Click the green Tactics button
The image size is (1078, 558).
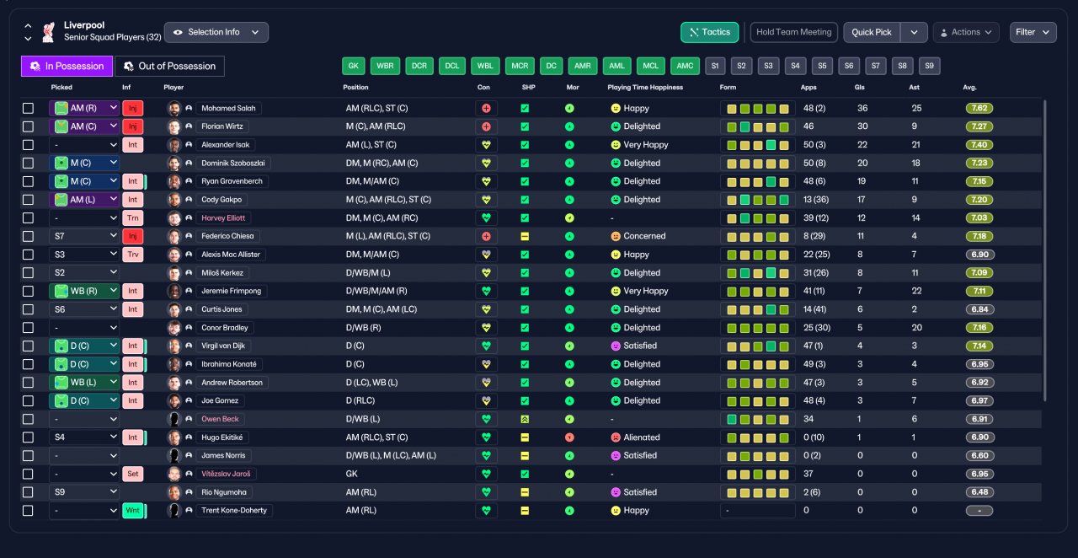(x=709, y=32)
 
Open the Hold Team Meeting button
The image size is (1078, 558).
(x=793, y=32)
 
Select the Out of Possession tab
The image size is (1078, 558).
(x=169, y=66)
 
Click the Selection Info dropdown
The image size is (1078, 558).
(x=216, y=32)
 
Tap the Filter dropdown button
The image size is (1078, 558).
(x=1033, y=32)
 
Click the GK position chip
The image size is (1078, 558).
(x=353, y=66)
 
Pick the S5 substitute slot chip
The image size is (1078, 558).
(x=822, y=66)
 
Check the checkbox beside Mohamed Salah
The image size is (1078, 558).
(x=28, y=109)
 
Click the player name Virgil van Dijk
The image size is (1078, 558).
(x=223, y=346)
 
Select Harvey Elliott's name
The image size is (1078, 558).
(x=223, y=217)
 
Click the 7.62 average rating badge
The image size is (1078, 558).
(x=979, y=109)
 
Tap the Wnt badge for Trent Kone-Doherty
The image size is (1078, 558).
(x=133, y=510)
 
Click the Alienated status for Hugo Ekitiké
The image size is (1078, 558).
(x=636, y=437)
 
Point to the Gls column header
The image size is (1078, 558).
(x=860, y=87)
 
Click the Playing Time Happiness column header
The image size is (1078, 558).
(x=645, y=87)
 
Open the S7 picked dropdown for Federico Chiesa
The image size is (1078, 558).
(x=84, y=236)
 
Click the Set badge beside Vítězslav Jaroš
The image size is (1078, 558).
(x=133, y=474)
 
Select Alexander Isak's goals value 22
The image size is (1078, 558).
(x=862, y=145)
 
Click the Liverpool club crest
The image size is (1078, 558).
(x=48, y=32)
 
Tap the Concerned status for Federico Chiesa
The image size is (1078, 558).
(x=638, y=236)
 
